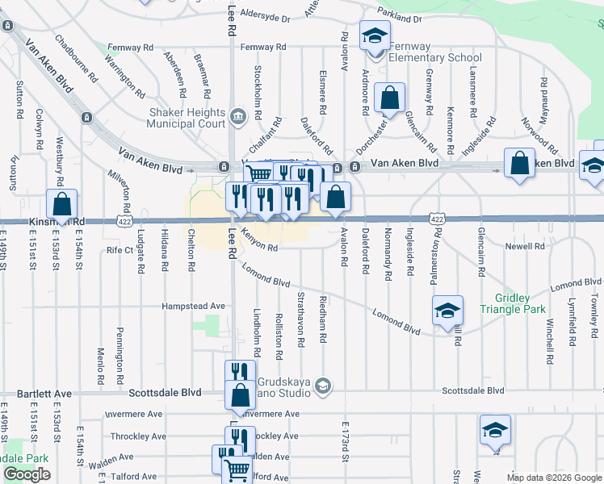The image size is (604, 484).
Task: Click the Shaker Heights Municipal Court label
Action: click(186, 118)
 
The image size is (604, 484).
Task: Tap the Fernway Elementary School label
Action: click(435, 52)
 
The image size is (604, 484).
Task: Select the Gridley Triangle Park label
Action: click(513, 303)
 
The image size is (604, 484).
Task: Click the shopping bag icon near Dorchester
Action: click(390, 98)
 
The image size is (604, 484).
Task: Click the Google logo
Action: click(27, 474)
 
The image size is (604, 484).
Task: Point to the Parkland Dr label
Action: click(399, 18)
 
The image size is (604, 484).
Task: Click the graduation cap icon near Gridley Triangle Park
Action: click(447, 311)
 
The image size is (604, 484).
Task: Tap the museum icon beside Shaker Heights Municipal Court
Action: click(237, 118)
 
